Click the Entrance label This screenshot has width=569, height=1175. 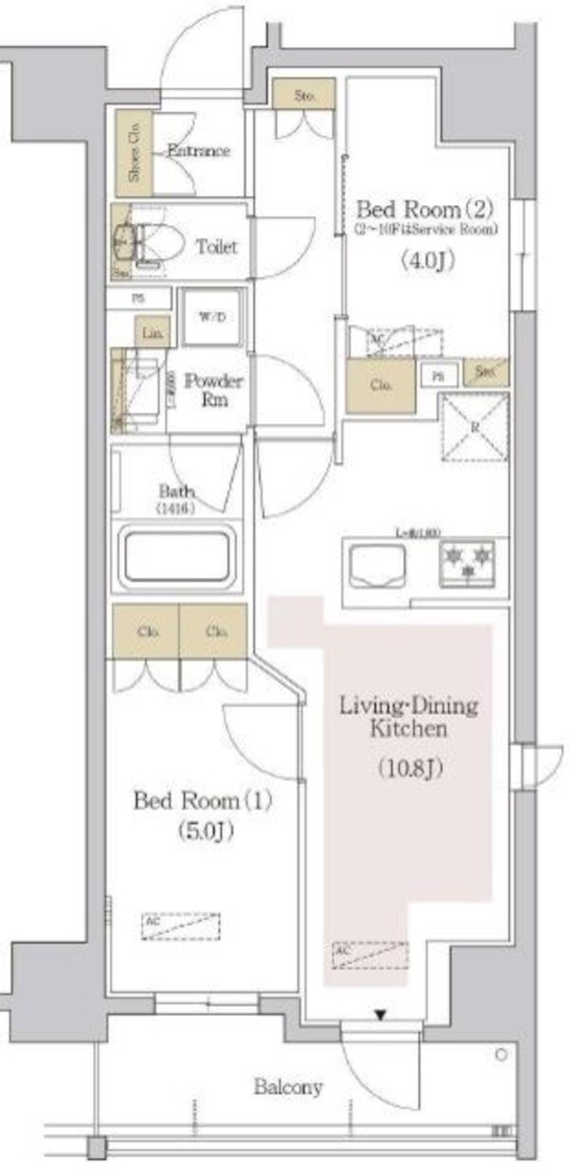click(198, 150)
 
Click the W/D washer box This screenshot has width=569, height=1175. click(212, 316)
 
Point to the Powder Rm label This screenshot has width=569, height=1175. click(213, 389)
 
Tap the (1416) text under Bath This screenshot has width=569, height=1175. click(177, 508)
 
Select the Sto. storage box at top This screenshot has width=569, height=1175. click(303, 94)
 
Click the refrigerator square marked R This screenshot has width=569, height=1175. click(474, 426)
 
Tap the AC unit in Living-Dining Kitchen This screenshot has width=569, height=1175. click(370, 952)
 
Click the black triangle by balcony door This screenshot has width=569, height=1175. click(380, 1016)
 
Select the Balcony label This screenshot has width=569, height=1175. click(287, 1088)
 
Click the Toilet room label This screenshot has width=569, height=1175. click(216, 247)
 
